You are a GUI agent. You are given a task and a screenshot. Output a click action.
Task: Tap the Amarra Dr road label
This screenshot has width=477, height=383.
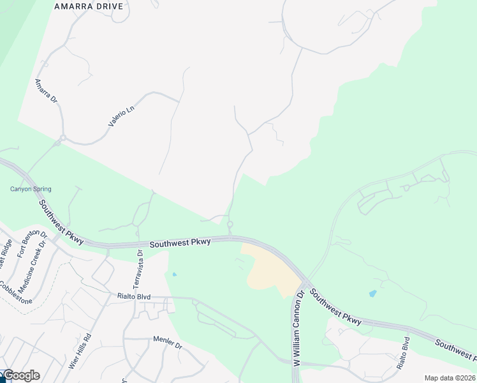point(46,91)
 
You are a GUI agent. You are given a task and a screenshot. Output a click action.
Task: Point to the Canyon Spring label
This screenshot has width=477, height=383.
point(31,189)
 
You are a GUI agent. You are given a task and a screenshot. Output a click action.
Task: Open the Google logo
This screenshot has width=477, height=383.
point(21,375)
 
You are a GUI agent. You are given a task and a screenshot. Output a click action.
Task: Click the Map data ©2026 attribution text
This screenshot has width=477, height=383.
point(450,378)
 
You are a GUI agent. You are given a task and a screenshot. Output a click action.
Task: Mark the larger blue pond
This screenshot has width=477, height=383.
point(372,294)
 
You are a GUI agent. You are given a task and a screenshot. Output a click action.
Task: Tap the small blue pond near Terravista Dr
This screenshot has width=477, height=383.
point(174,274)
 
